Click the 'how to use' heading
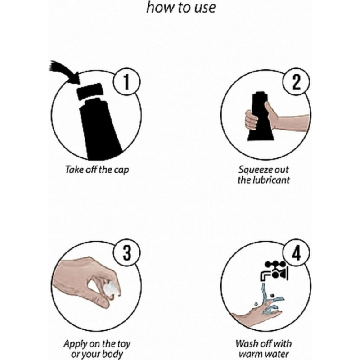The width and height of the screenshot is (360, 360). tap(181, 7)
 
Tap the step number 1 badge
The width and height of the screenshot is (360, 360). tap(126, 82)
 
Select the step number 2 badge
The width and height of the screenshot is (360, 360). tap(296, 81)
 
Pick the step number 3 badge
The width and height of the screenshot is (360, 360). tap(127, 253)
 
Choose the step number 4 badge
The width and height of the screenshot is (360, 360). tap(297, 253)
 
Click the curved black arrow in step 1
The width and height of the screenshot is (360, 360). tap(65, 72)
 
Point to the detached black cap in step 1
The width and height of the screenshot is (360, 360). tap(90, 91)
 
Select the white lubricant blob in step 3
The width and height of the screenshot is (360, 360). tap(112, 288)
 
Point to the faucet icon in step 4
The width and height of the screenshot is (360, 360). tap(274, 271)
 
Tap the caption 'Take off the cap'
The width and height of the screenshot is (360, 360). tap(97, 170)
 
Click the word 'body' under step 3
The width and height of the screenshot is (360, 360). tap(114, 354)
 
